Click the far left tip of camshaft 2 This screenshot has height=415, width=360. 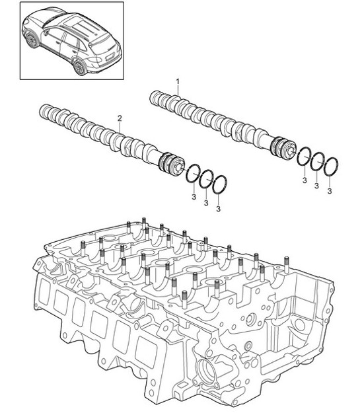[x=43, y=108]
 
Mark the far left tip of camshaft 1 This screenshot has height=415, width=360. [x=153, y=98]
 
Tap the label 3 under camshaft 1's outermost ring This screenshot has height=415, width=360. [x=330, y=192]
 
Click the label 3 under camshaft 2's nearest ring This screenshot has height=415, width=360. [x=193, y=196]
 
